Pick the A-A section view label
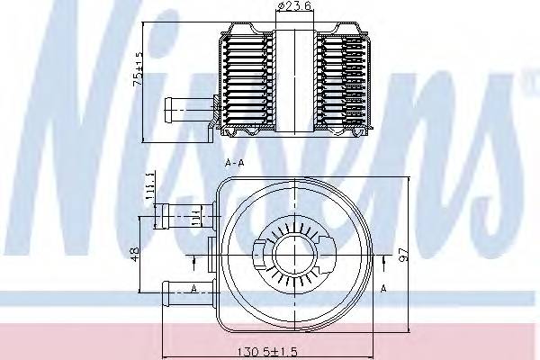[x=237, y=165]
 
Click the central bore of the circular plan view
[x=292, y=253]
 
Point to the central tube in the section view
[x=294, y=81]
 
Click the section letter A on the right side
[x=382, y=290]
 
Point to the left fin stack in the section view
[x=248, y=81]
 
